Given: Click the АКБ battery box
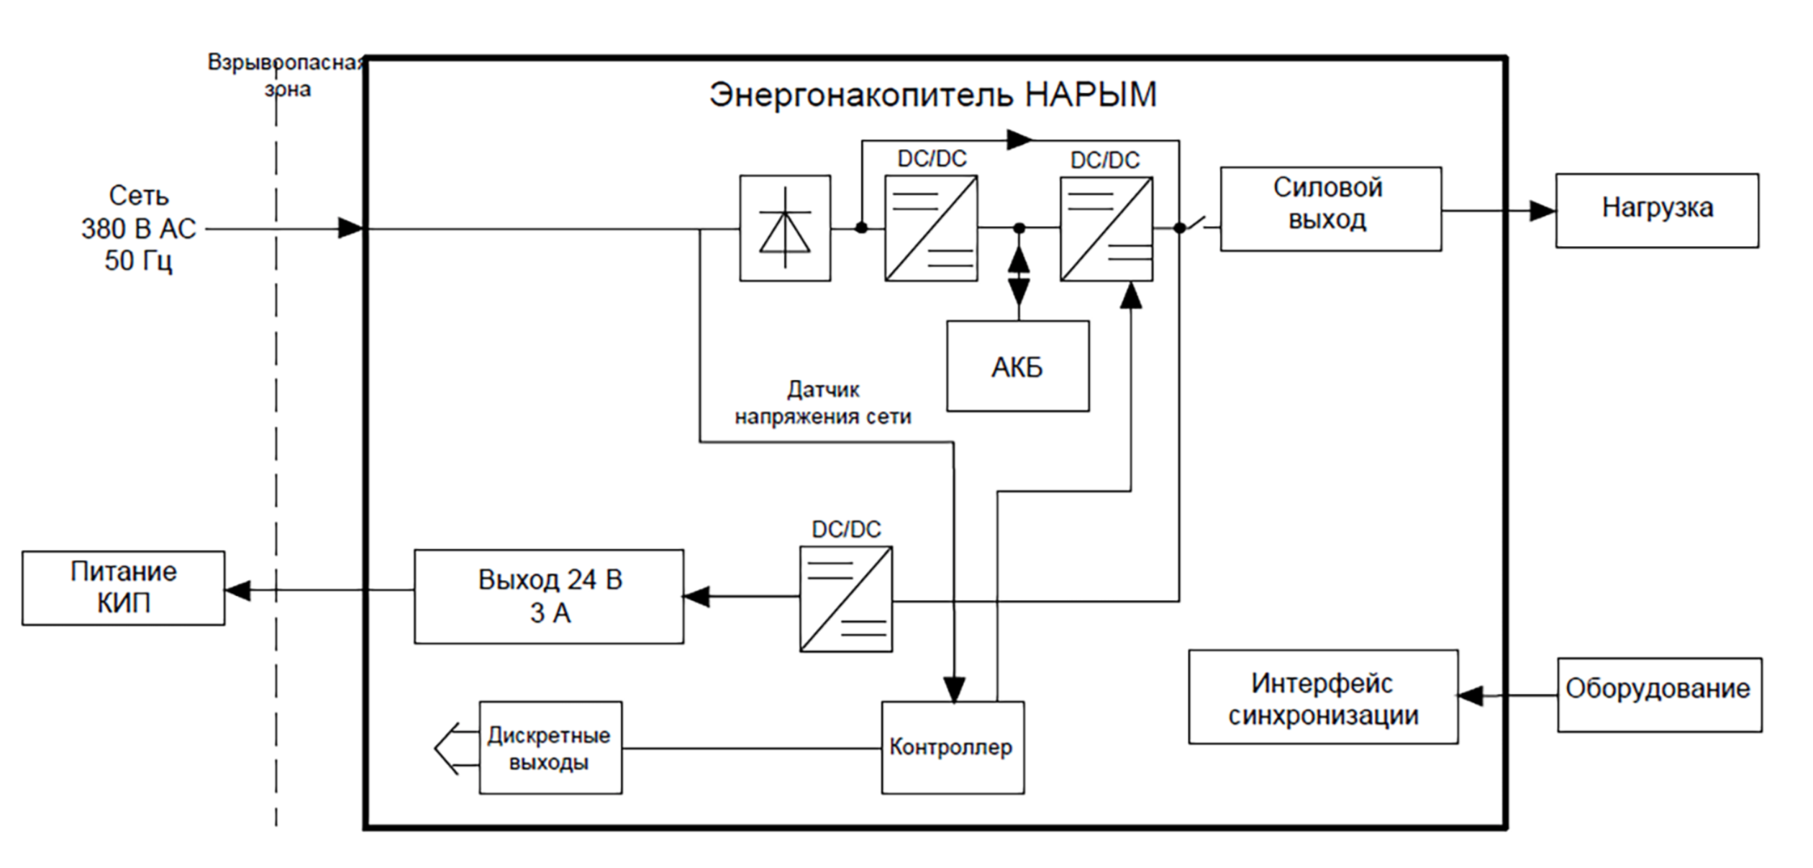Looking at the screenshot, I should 1017,366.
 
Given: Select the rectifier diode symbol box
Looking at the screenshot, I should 785,227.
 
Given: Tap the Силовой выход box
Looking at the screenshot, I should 1330,209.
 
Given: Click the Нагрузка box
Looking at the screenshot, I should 1657,210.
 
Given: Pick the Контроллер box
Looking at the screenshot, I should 953,747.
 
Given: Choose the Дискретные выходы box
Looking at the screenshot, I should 550,747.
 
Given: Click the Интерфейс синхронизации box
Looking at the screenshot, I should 1323,697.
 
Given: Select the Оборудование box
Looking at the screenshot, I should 1659,695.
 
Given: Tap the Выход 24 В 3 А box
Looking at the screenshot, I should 549,596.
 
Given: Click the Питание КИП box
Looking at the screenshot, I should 123,587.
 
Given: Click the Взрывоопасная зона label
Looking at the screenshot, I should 286,76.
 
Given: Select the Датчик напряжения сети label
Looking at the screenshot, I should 823,403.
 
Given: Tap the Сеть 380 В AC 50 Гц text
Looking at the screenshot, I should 138,228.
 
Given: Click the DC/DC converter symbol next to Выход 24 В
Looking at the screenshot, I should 846,599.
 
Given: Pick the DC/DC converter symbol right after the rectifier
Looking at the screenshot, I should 931,227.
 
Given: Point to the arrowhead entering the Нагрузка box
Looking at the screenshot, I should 1542,211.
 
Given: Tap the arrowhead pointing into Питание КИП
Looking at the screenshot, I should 238,590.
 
